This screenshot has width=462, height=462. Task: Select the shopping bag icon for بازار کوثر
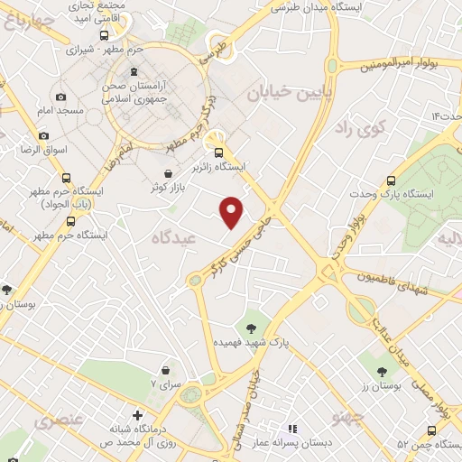[168, 174]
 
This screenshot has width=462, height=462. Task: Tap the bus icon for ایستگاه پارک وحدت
[391, 180]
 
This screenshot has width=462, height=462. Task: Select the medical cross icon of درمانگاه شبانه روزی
[136, 416]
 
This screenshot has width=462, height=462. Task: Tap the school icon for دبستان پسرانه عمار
[291, 429]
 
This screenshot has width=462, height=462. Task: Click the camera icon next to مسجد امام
[60, 97]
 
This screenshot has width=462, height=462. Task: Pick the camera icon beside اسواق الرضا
[44, 135]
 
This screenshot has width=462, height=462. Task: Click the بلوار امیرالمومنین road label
[402, 65]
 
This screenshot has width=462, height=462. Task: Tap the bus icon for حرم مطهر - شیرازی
[104, 35]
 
